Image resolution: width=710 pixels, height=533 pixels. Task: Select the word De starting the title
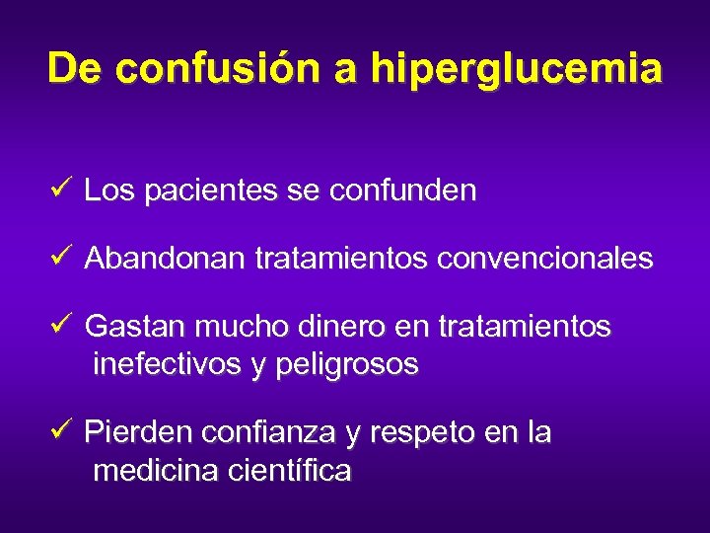pyautogui.click(x=73, y=69)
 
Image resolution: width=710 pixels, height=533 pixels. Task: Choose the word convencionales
pyautogui.click(x=544, y=259)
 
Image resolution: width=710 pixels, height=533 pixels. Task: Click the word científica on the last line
pyautogui.click(x=289, y=472)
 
